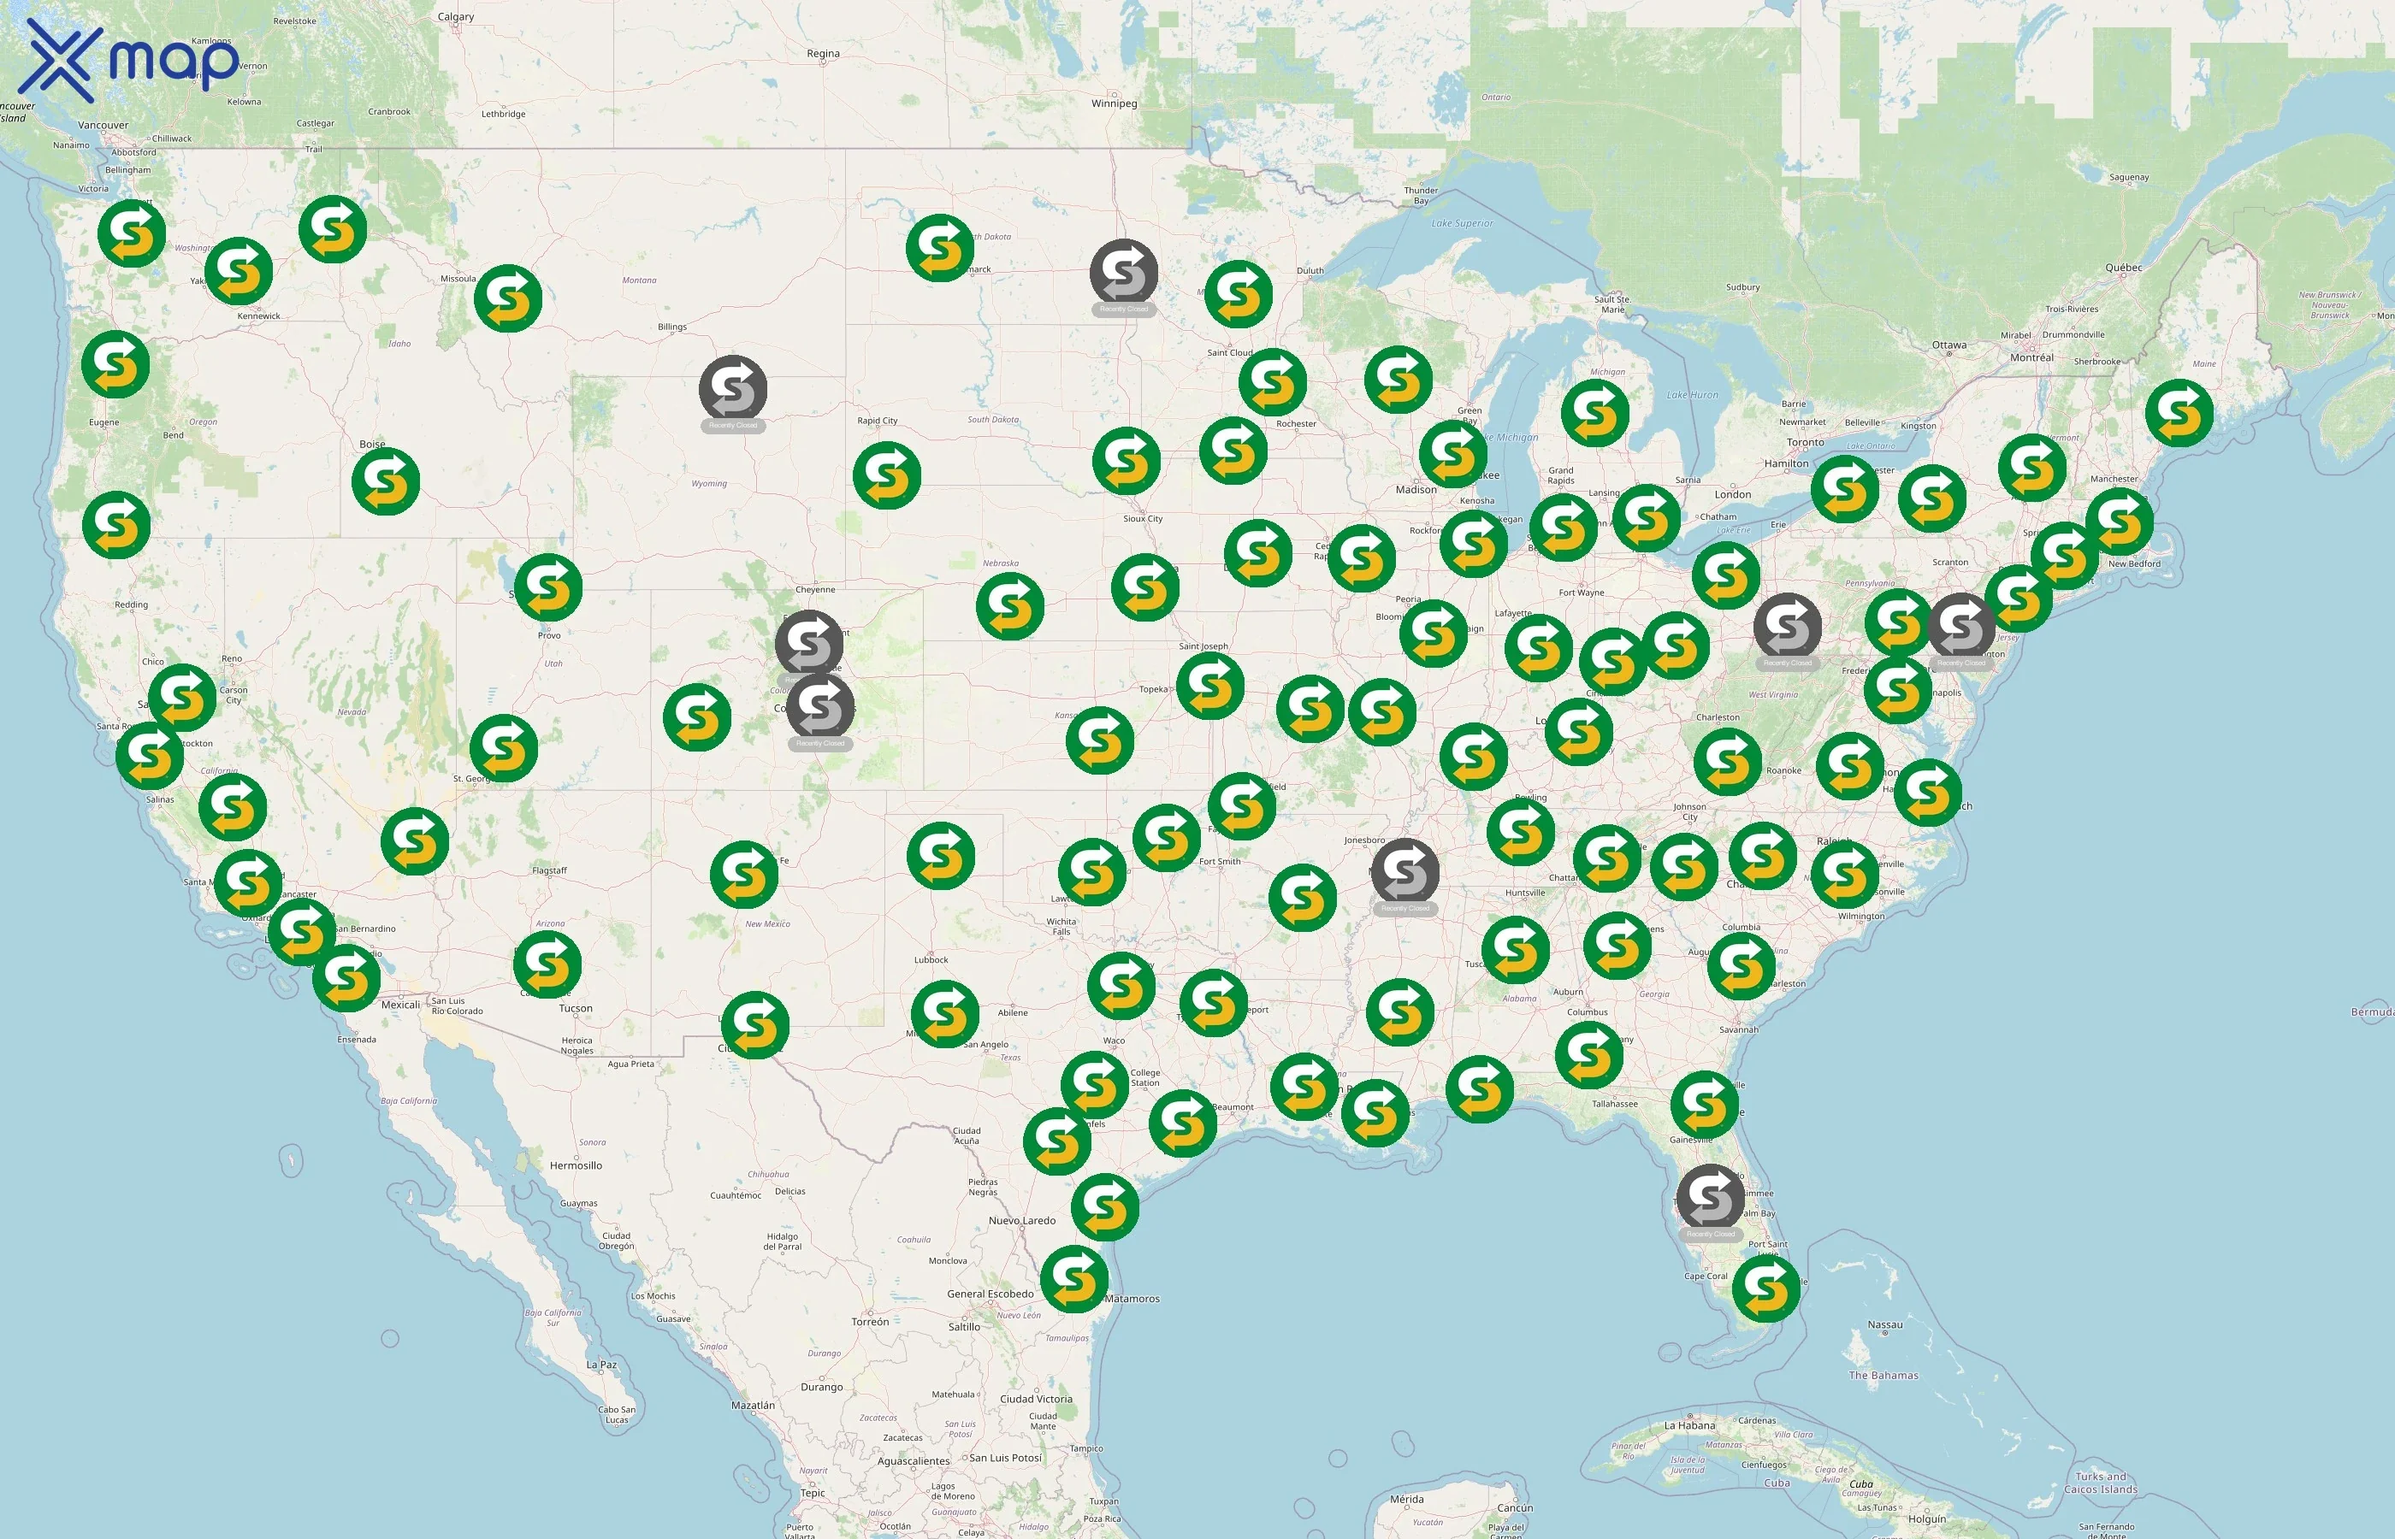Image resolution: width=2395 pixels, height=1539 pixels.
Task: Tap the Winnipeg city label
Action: (x=1114, y=103)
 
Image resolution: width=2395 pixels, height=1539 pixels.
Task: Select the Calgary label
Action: (x=456, y=17)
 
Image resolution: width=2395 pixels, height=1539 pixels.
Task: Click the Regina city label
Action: (x=823, y=54)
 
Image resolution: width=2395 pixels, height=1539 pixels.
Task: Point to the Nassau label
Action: (x=1884, y=1325)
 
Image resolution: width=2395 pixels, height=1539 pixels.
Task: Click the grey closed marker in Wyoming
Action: (x=733, y=389)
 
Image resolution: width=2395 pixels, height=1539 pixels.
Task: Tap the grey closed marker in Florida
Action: (x=1710, y=1197)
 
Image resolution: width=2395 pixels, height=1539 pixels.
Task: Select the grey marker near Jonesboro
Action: (x=1404, y=871)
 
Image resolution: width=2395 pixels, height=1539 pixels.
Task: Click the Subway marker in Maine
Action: (x=2179, y=412)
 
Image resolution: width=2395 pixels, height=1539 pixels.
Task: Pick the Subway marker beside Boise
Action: (x=386, y=481)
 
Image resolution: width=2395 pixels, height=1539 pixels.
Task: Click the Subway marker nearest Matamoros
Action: (x=1074, y=1278)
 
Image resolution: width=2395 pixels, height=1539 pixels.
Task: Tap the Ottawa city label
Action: (x=1949, y=345)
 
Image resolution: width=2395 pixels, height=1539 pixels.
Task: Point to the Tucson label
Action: (x=576, y=1008)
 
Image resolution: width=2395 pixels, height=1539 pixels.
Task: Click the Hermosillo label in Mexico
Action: (x=576, y=1165)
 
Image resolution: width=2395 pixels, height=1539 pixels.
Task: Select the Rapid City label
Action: (x=877, y=421)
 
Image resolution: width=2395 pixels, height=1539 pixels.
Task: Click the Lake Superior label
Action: (x=1463, y=224)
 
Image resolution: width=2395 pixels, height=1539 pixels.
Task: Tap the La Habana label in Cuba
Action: (x=1689, y=1426)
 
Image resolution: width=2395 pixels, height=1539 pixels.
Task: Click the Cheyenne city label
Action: (x=814, y=590)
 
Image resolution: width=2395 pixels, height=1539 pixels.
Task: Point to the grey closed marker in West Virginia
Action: (x=1787, y=627)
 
